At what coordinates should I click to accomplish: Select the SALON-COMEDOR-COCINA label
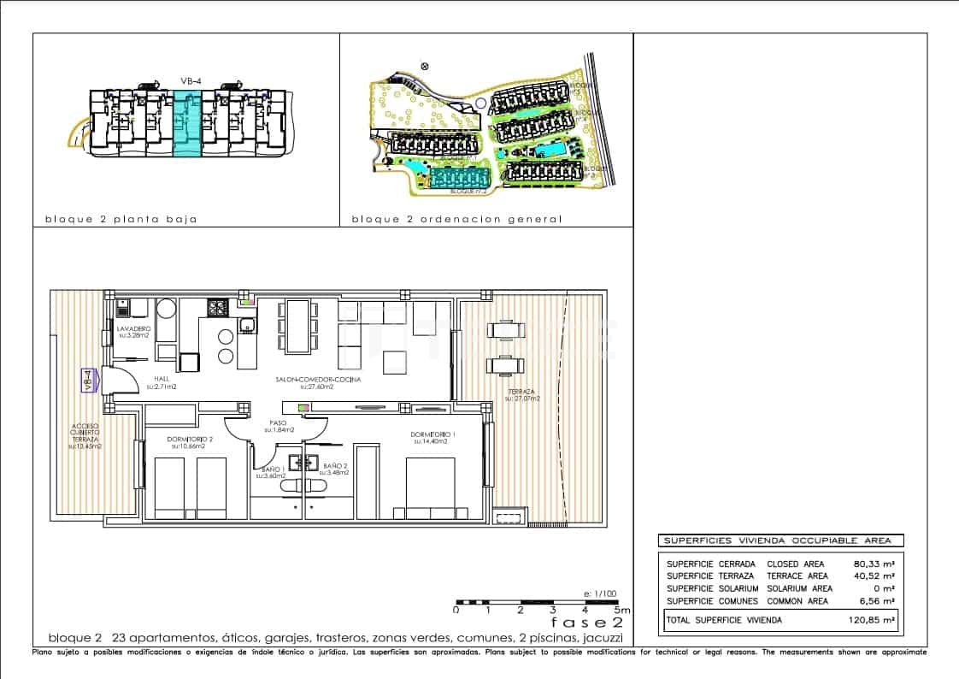click(317, 379)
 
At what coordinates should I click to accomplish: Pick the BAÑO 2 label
click(334, 467)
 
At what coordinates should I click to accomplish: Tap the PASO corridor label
click(278, 424)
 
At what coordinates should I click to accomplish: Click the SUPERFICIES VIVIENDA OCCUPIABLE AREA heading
click(778, 540)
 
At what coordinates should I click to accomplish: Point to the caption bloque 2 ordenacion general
click(457, 219)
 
